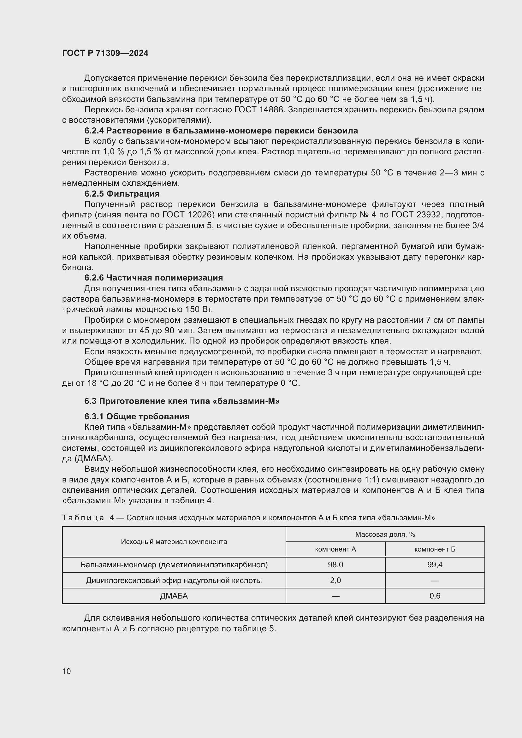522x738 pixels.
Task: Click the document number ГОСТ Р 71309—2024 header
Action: pyautogui.click(x=105, y=53)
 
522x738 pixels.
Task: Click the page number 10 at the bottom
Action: pyautogui.click(x=67, y=671)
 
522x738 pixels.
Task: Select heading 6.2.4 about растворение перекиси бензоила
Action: pyautogui.click(x=221, y=131)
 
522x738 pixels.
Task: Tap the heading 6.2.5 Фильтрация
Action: pyautogui.click(x=122, y=194)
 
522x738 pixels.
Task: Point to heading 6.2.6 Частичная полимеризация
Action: pyautogui.click(x=154, y=278)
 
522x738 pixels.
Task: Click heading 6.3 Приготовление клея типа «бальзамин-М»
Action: pyautogui.click(x=182, y=401)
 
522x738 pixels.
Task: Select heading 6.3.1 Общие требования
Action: pyautogui.click(x=137, y=416)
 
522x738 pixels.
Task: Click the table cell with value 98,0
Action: pyautogui.click(x=335, y=565)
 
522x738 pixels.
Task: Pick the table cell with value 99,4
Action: pyautogui.click(x=435, y=565)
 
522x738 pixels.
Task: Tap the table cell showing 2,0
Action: pyautogui.click(x=335, y=581)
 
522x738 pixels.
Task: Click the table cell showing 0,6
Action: pyautogui.click(x=435, y=596)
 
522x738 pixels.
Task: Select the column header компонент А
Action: pyautogui.click(x=335, y=549)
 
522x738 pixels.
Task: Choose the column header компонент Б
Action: pyautogui.click(x=435, y=549)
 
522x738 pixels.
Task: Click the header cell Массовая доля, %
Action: pyautogui.click(x=385, y=534)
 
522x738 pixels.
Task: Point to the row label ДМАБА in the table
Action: pyautogui.click(x=174, y=596)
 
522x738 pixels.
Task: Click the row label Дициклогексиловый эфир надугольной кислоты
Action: pyautogui.click(x=174, y=581)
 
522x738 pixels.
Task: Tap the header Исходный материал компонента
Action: pyautogui.click(x=174, y=542)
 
